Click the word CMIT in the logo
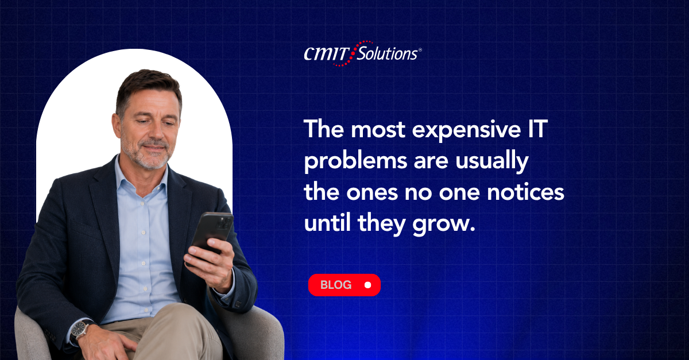327,53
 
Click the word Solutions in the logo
388,53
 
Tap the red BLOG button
344,285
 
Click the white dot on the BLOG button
367,285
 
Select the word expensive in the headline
466,130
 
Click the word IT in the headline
538,129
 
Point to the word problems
355,161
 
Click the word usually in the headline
492,161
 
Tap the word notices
526,192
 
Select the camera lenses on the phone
224,223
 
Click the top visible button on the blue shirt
142,204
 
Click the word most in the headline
378,130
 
